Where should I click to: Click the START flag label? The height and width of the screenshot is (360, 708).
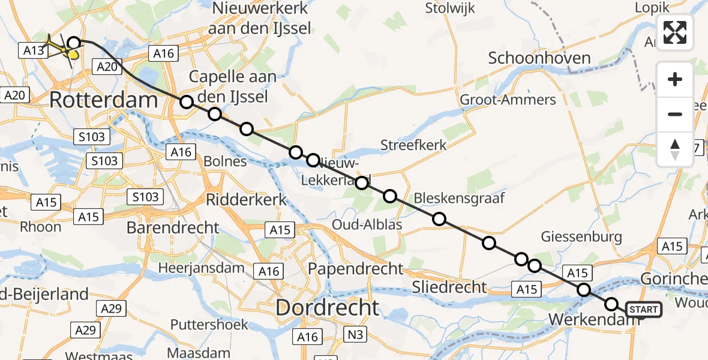[x=644, y=310]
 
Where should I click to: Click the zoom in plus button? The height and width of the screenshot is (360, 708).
[x=675, y=80]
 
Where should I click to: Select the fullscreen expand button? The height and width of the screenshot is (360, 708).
[x=675, y=32]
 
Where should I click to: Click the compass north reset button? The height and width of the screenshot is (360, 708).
[x=675, y=149]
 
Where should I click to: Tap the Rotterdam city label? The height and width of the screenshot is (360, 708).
[x=103, y=100]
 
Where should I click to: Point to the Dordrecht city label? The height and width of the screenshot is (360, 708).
[x=327, y=308]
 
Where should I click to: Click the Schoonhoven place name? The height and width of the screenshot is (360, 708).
[x=539, y=58]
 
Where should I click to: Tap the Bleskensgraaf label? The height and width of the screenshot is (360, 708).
[x=459, y=198]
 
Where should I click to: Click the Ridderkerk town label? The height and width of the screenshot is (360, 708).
[x=247, y=199]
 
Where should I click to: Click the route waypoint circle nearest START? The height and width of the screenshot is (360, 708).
[x=611, y=304]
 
